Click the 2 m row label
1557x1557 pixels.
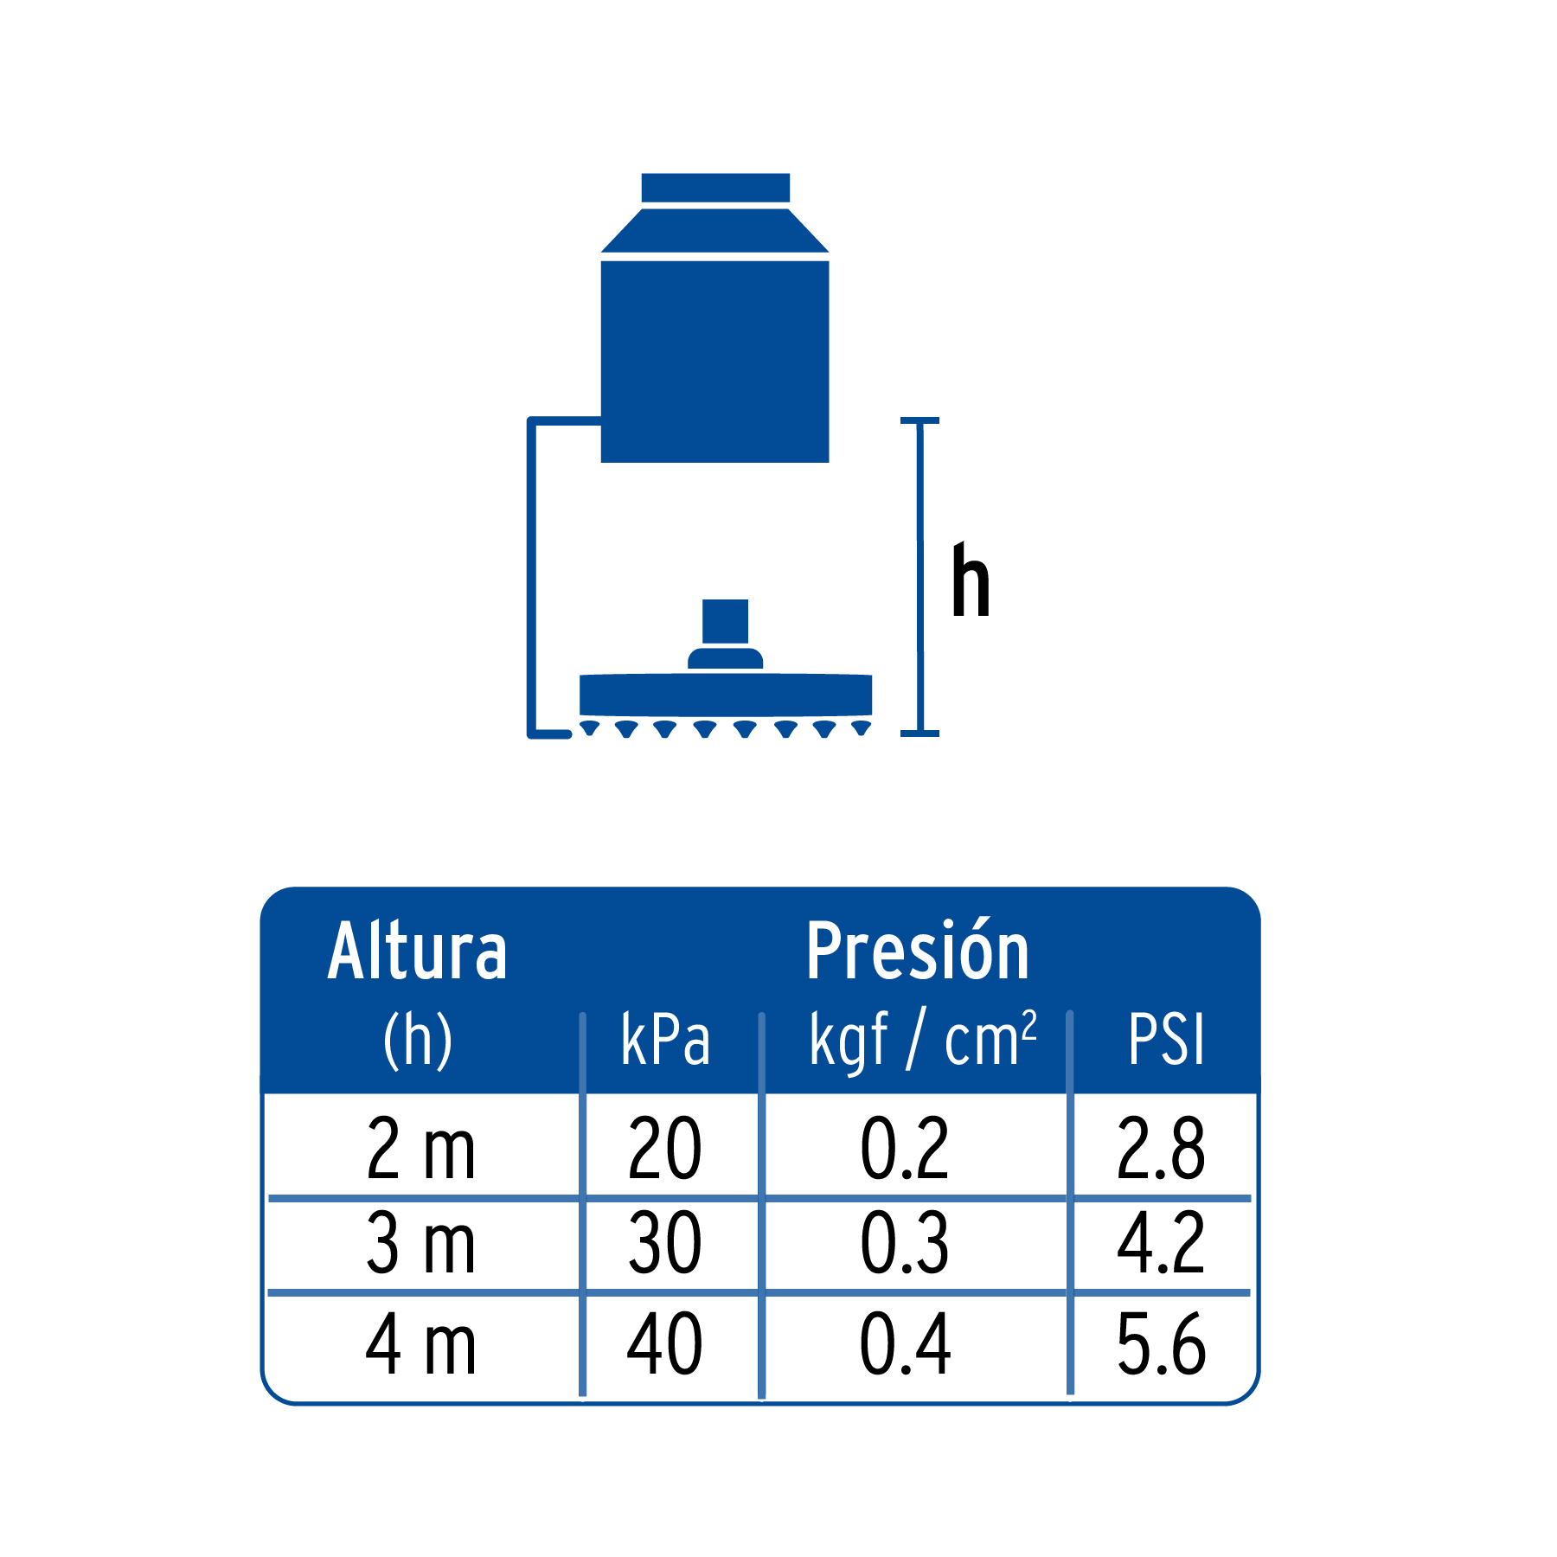click(x=421, y=1148)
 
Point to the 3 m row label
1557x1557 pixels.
click(x=421, y=1243)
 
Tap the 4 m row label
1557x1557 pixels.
click(x=421, y=1343)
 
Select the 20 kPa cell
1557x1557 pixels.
click(x=664, y=1148)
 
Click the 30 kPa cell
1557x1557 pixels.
click(x=664, y=1243)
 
